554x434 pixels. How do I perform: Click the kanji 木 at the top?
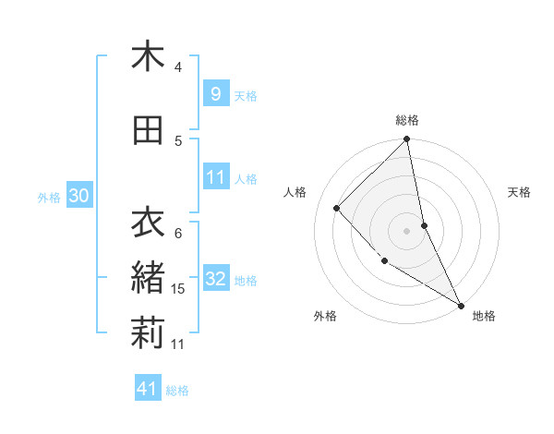click(148, 56)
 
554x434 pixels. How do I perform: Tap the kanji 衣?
click(148, 223)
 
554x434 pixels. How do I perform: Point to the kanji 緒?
click(148, 278)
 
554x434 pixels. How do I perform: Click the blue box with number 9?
click(215, 94)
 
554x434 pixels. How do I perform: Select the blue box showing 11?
click(215, 177)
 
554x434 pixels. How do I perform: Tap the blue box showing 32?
click(215, 280)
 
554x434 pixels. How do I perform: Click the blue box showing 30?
click(78, 196)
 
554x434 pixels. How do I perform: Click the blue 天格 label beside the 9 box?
click(246, 96)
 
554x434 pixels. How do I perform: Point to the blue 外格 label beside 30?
click(49, 197)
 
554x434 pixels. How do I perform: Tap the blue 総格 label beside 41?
click(177, 391)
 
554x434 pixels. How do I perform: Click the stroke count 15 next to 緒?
click(179, 289)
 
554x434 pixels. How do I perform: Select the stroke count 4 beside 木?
click(178, 67)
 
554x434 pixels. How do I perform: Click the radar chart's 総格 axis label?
click(407, 120)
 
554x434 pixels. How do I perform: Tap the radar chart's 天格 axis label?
click(519, 192)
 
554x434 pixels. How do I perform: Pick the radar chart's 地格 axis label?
click(484, 316)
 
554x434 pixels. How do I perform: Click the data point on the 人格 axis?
click(337, 208)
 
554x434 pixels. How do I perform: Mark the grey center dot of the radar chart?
click(406, 230)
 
